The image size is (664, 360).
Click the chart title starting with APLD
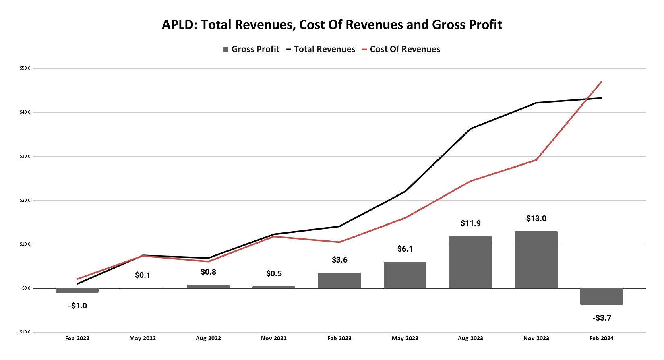[x=332, y=25]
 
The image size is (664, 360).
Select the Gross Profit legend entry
[x=251, y=49]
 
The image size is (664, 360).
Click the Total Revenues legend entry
[x=321, y=49]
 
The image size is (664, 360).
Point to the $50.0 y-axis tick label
[x=25, y=68]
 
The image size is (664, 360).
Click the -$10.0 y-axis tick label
[x=24, y=332]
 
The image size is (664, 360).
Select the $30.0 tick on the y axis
[x=25, y=156]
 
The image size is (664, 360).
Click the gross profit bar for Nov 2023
[x=536, y=260]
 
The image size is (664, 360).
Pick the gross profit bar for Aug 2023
[x=470, y=262]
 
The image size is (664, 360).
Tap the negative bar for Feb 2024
[x=601, y=296]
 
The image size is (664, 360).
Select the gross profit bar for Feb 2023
[x=339, y=281]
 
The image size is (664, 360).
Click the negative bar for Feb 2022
[x=77, y=290]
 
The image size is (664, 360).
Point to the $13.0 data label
[x=536, y=219]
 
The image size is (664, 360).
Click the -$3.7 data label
[x=602, y=318]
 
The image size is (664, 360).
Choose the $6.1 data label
[x=405, y=249]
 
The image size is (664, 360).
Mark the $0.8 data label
[x=208, y=272]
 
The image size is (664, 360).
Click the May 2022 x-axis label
[x=143, y=338]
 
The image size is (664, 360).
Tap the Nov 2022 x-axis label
[x=274, y=338]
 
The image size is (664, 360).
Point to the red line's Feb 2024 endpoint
[x=601, y=82]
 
